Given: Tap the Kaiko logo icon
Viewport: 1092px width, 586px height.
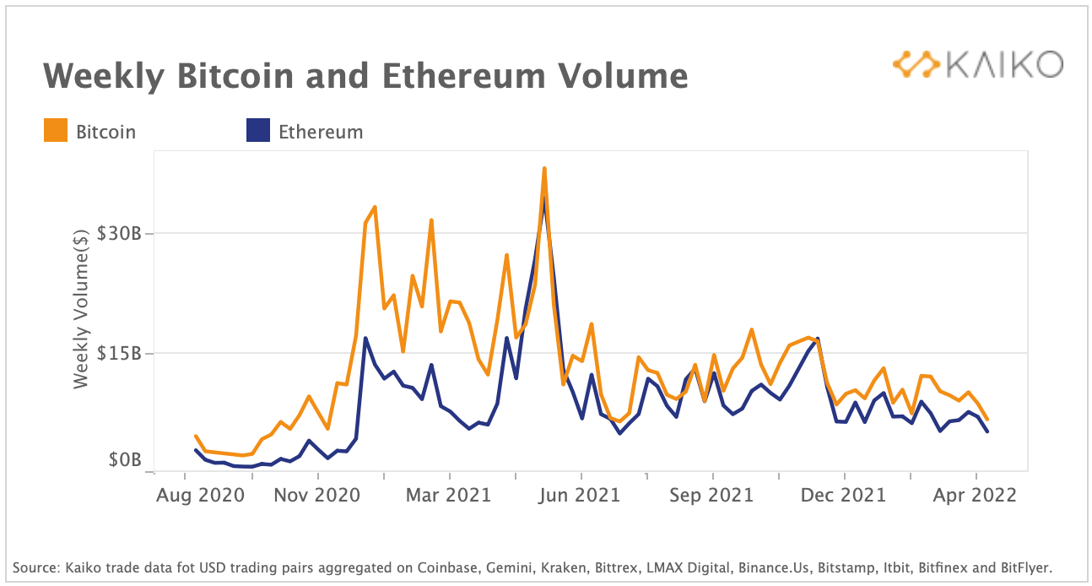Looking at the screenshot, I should click(916, 64).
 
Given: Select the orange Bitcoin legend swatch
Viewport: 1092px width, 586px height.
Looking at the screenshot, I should click(55, 131).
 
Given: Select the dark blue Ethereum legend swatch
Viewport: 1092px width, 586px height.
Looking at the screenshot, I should click(257, 131).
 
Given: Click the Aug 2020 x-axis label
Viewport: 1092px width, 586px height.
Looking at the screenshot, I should click(201, 495).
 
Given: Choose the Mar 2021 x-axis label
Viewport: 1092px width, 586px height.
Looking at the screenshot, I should click(448, 495).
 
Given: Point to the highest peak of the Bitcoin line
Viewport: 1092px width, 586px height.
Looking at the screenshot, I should click(544, 169).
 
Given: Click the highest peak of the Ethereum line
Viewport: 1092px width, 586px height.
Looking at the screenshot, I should click(544, 199).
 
